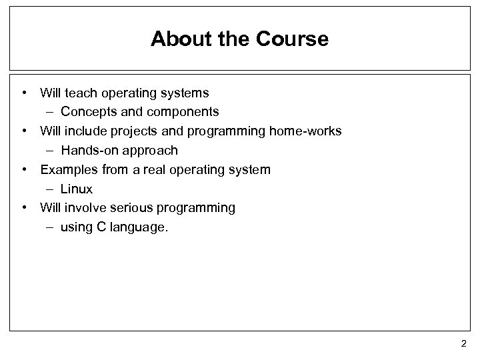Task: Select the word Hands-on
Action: click(x=89, y=150)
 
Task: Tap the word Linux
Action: click(x=77, y=189)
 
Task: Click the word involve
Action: click(x=85, y=208)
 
